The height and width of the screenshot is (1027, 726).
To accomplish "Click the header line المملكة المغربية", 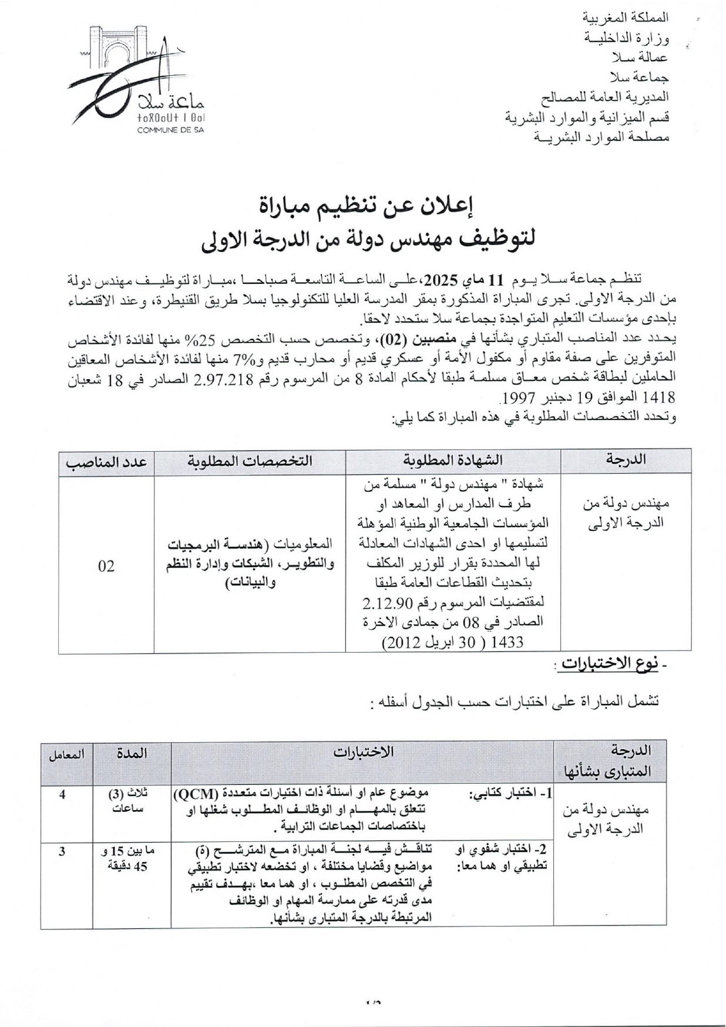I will click(x=624, y=18).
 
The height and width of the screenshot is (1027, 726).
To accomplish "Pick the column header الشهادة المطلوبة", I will click(x=453, y=461).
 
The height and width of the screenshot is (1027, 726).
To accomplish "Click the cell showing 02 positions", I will click(x=106, y=565).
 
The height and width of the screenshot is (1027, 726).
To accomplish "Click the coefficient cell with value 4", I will click(x=62, y=794).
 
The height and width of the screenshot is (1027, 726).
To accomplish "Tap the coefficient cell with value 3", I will click(x=62, y=850).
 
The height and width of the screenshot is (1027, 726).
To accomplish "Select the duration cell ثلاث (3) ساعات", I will click(x=132, y=801).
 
